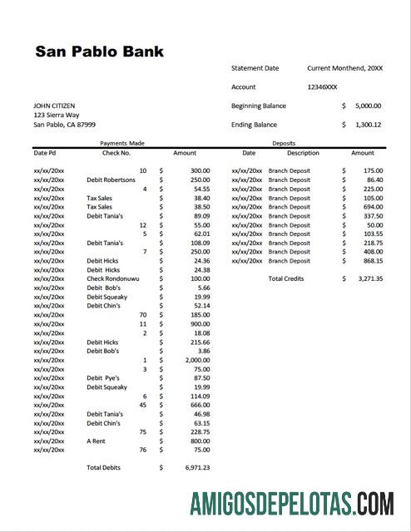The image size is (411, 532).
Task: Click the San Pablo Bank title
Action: tap(99, 52)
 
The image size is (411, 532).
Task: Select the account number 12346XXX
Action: tap(322, 86)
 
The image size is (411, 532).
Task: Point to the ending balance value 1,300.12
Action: tap(365, 125)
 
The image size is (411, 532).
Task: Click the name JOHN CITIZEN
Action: tap(54, 106)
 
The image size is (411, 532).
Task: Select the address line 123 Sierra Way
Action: tap(57, 115)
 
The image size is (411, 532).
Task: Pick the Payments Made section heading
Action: tap(121, 143)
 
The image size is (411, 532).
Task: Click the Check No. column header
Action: tap(116, 153)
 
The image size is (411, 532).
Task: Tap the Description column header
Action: tap(303, 153)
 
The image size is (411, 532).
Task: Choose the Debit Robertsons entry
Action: tap(111, 180)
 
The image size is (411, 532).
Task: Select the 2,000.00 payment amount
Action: tap(197, 359)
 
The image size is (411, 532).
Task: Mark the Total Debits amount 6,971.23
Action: tap(197, 467)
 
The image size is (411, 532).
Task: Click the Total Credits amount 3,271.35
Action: tap(365, 278)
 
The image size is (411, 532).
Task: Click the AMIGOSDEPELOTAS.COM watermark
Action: tap(291, 504)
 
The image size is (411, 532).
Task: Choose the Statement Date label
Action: tap(255, 68)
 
